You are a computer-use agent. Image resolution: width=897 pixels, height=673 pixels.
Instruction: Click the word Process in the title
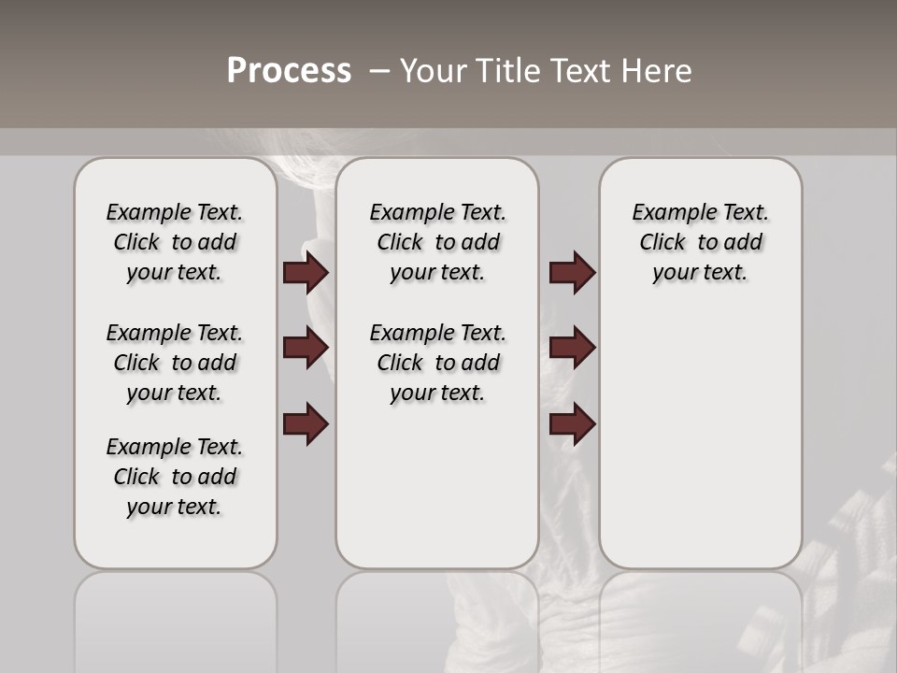(x=289, y=71)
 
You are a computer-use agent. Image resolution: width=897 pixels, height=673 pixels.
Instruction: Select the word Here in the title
(x=658, y=71)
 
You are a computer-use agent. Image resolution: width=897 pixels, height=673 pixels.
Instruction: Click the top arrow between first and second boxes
(x=306, y=272)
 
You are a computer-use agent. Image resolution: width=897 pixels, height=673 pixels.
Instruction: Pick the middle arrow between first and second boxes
(x=306, y=348)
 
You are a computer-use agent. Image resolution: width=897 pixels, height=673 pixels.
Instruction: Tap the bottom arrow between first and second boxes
(x=306, y=424)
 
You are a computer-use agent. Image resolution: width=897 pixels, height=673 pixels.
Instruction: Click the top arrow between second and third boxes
(x=572, y=272)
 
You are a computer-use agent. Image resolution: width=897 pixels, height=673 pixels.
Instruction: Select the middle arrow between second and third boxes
(x=572, y=348)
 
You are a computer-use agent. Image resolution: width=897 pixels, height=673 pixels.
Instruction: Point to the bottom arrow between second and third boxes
(x=572, y=424)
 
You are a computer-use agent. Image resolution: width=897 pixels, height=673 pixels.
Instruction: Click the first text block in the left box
(x=175, y=242)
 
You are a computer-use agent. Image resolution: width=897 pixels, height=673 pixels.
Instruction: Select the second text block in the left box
(x=175, y=363)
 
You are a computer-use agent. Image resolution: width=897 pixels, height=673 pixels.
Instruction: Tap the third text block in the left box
(x=175, y=477)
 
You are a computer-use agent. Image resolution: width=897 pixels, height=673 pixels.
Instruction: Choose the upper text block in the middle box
(x=437, y=242)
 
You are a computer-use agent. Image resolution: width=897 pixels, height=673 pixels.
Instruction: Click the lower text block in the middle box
(x=437, y=363)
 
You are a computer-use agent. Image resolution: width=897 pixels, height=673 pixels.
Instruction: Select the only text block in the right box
(x=700, y=242)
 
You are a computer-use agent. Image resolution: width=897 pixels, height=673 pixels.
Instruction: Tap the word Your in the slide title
(x=433, y=71)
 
